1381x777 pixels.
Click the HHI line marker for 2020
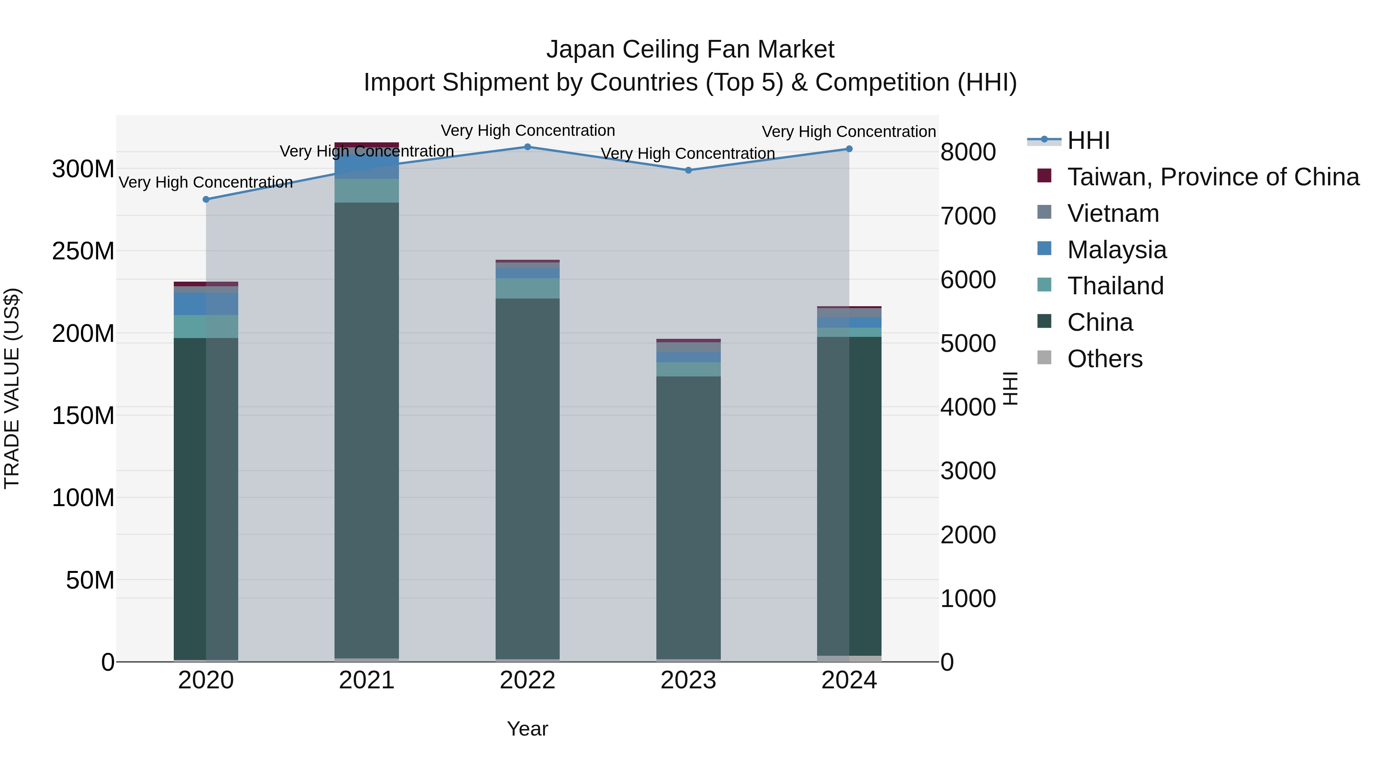[x=206, y=200]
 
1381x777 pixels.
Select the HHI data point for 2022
[x=527, y=147]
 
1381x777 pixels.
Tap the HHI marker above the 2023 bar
[x=688, y=170]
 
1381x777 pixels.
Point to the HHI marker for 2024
[x=849, y=149]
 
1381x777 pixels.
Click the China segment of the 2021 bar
[x=367, y=429]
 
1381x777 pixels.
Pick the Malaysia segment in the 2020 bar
[x=206, y=304]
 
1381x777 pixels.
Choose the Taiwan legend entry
[x=1213, y=177]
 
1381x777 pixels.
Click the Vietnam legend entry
[x=1113, y=213]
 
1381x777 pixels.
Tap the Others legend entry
[x=1104, y=359]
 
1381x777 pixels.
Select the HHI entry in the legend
[x=1088, y=140]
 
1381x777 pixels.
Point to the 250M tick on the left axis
[x=83, y=251]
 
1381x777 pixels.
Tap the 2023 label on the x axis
[x=688, y=680]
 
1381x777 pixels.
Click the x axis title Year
[x=527, y=729]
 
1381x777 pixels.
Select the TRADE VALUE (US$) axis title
[x=12, y=388]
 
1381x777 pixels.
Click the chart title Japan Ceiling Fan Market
[x=690, y=49]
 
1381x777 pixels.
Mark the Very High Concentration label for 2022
[x=527, y=130]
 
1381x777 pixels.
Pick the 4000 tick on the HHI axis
[x=968, y=407]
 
